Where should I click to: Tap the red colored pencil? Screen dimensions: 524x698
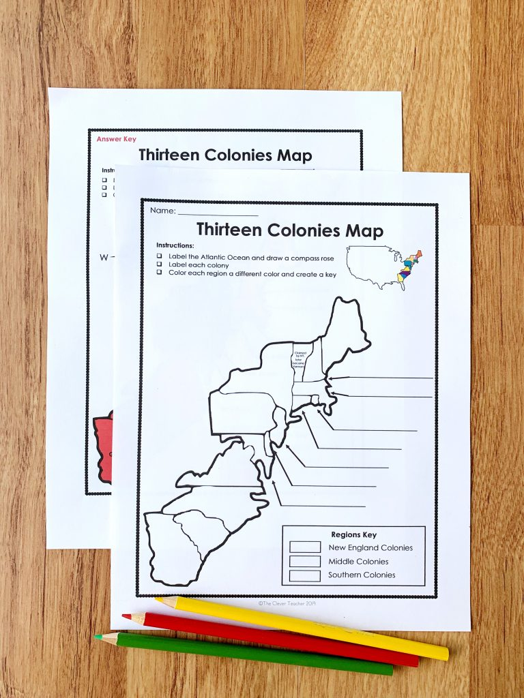(273, 639)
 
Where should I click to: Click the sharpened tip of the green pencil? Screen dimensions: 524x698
(98, 637)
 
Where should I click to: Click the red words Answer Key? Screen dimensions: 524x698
(116, 139)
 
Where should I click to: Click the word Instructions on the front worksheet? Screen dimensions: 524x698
(175, 245)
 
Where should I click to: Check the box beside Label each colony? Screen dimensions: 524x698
(159, 264)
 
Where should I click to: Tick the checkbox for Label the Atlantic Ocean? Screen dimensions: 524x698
(159, 256)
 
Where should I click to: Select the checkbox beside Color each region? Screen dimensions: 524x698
(159, 273)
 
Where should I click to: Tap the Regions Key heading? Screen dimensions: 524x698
(353, 534)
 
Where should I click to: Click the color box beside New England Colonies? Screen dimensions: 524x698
(304, 547)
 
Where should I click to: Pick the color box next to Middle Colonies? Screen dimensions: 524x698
(304, 561)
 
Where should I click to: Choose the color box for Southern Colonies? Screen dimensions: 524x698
(304, 575)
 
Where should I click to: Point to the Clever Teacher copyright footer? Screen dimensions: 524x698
(287, 603)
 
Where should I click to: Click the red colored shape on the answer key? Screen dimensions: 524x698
(102, 446)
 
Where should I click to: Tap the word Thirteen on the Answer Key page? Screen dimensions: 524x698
(171, 155)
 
